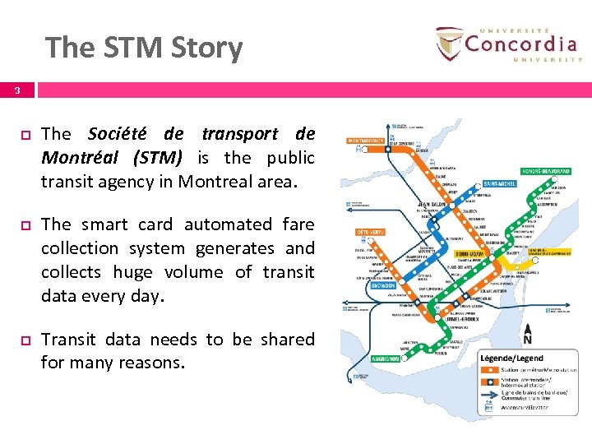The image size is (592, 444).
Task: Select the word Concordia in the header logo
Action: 520,42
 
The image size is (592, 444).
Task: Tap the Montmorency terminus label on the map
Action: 366,141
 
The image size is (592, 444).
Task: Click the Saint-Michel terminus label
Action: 499,183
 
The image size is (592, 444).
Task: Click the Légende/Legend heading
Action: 512,358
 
